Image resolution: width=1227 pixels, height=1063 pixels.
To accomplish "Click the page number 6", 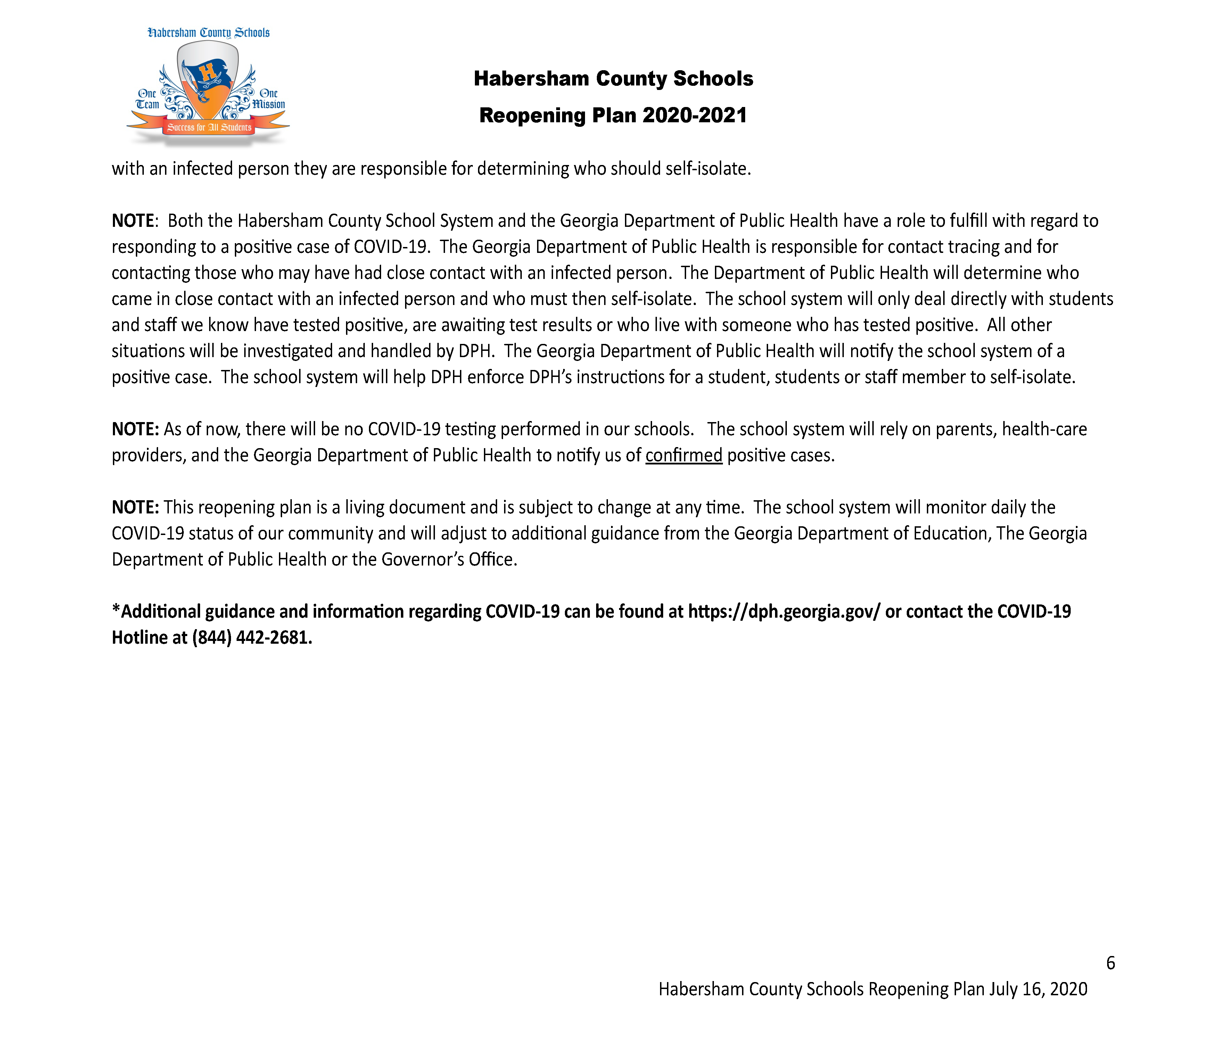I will (1110, 962).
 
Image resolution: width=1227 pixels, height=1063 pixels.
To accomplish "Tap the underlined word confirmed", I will (684, 455).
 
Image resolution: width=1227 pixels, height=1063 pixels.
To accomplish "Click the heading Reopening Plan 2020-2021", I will (613, 115).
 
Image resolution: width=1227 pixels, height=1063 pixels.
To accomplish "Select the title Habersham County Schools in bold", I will (613, 78).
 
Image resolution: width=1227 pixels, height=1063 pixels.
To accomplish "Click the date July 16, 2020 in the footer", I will (1038, 989).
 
